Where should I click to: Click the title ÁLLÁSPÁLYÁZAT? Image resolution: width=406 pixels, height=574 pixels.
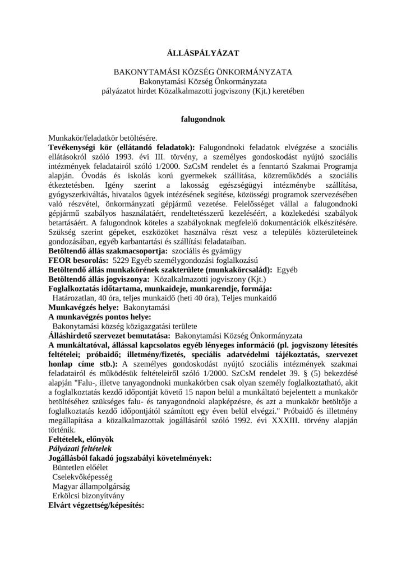203,53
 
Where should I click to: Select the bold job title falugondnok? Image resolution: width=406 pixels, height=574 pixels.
203,119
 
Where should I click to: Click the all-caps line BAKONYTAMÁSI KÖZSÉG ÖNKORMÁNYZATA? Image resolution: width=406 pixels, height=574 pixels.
203,73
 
